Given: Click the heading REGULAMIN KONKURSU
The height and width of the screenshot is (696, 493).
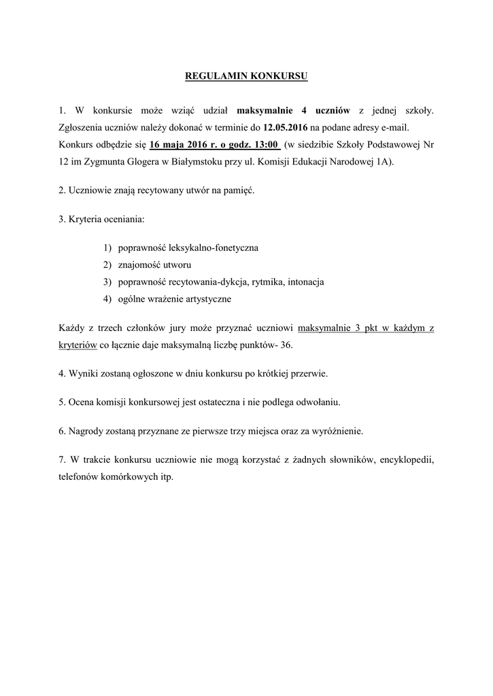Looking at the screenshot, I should [x=246, y=76].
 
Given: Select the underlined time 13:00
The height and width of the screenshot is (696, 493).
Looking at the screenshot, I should [x=262, y=145].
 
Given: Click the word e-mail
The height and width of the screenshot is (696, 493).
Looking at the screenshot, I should [x=396, y=127].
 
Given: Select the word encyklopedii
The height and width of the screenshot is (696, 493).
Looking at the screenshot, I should [x=405, y=459].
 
